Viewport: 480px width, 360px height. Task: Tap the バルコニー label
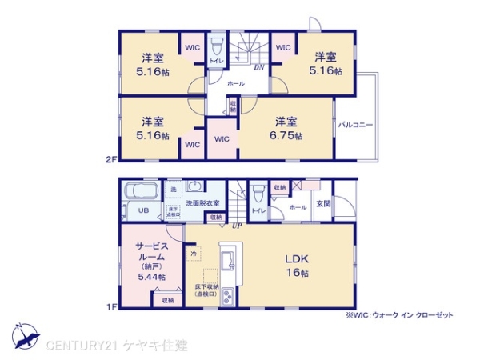(x=356, y=125)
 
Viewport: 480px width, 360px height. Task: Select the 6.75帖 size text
(x=287, y=136)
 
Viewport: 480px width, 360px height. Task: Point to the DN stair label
(x=259, y=68)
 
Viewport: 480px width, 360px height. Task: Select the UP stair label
(x=237, y=226)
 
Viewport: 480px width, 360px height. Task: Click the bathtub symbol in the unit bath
(x=141, y=192)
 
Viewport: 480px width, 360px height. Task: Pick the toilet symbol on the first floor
(x=258, y=196)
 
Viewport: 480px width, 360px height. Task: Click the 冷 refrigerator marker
(x=193, y=254)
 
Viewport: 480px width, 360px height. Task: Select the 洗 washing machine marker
(x=173, y=189)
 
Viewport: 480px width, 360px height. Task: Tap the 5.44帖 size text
(x=150, y=277)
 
